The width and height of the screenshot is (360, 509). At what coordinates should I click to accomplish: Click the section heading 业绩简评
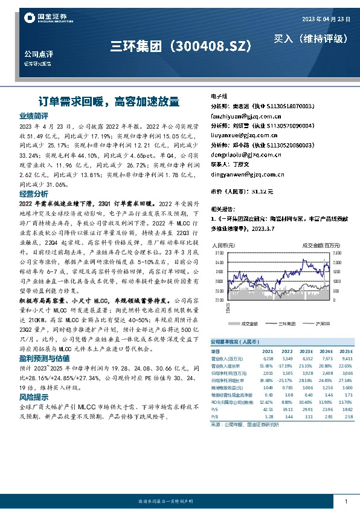(x=33, y=115)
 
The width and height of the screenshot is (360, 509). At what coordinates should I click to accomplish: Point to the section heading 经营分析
(x=33, y=194)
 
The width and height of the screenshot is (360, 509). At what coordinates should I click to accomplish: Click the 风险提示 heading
(x=33, y=397)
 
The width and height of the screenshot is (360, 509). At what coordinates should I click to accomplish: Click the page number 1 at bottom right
(x=345, y=502)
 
